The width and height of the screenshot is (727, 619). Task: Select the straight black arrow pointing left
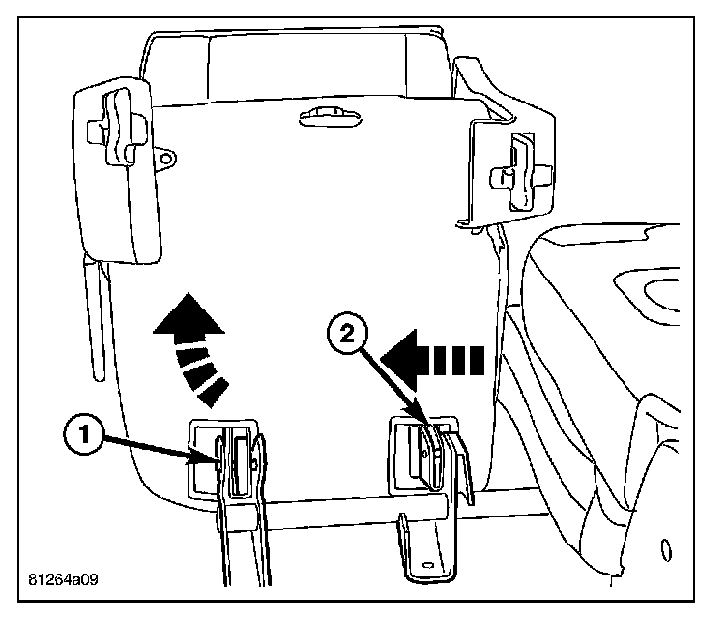(x=431, y=360)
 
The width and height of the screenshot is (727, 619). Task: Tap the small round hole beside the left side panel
(x=166, y=155)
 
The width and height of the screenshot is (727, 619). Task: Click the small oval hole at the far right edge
(x=666, y=550)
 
